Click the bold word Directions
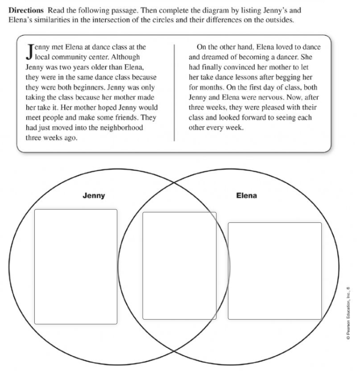pos(26,10)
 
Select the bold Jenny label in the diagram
pos(94,196)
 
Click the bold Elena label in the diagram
pos(247,195)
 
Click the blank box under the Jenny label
pos(76,266)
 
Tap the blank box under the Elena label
pos(275,270)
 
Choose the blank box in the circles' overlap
pos(179,265)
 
